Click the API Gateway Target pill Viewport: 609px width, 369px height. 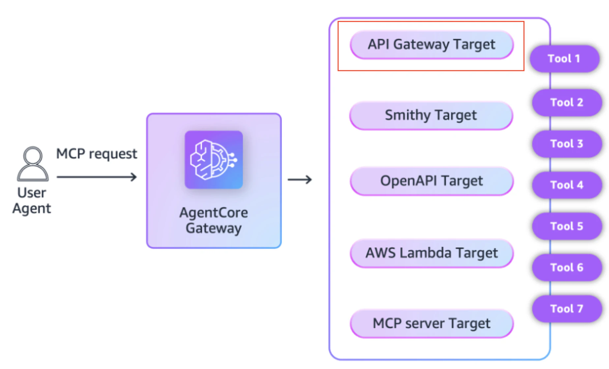tap(432, 45)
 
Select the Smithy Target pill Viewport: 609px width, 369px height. tap(431, 116)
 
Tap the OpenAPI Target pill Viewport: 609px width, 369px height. tap(432, 181)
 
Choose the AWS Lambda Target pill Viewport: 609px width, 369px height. tap(432, 253)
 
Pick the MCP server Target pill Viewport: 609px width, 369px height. tap(432, 323)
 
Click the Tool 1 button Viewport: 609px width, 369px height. tap(565, 59)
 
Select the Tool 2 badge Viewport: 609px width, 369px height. tap(567, 103)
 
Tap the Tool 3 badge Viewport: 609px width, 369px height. tap(567, 144)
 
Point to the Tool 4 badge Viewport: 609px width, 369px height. tap(567, 185)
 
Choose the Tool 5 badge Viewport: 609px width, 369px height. tap(567, 226)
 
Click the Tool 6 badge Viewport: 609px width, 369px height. tap(567, 268)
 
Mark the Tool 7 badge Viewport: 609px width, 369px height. tap(567, 309)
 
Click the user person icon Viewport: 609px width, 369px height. tap(33, 164)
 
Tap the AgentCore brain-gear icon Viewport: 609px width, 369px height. tap(214, 160)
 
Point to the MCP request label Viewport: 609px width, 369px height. tap(97, 154)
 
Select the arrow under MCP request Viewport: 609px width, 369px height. tap(97, 177)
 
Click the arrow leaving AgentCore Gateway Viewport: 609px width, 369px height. tap(300, 180)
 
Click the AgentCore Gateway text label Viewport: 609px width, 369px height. tap(214, 220)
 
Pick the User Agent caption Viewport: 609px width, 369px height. tap(32, 201)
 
